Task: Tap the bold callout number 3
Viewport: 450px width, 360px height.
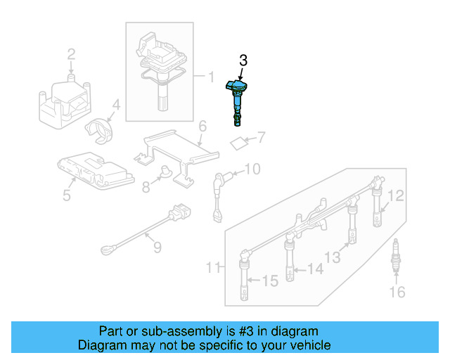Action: click(243, 61)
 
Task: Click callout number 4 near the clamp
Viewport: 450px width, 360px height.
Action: click(116, 106)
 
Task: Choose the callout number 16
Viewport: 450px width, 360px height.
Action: click(398, 291)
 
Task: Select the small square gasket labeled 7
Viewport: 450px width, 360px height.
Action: click(239, 143)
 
